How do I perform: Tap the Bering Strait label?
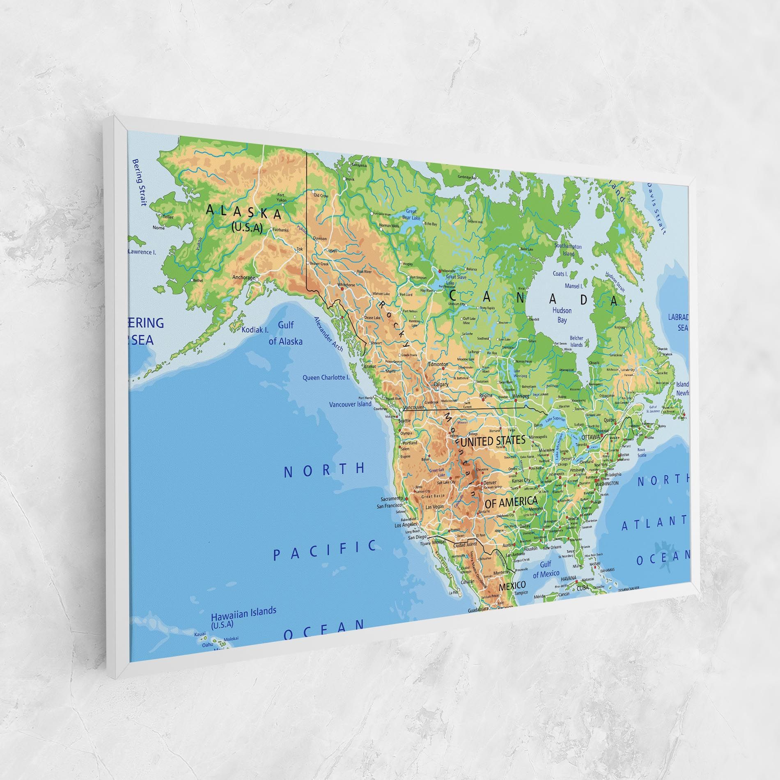click(x=139, y=182)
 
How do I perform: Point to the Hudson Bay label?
click(x=562, y=315)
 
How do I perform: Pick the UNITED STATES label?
click(x=493, y=441)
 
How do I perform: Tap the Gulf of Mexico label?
click(x=546, y=569)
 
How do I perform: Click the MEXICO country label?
click(x=512, y=585)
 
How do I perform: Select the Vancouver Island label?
click(x=350, y=404)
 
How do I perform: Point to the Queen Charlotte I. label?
click(x=326, y=377)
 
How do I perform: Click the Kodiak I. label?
click(x=255, y=329)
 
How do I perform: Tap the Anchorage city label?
click(x=243, y=278)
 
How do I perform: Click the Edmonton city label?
click(x=438, y=364)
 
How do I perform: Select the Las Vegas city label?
click(x=434, y=507)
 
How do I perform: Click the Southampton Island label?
click(x=568, y=250)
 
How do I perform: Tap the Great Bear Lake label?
click(x=411, y=214)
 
